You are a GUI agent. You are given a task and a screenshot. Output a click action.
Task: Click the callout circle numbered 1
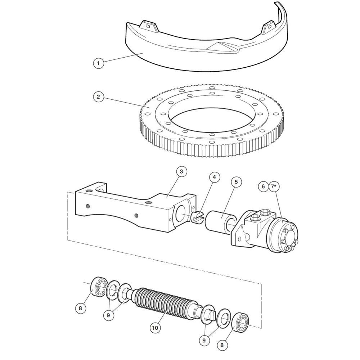[99, 63]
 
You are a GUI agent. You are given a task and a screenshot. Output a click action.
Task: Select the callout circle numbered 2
[99, 96]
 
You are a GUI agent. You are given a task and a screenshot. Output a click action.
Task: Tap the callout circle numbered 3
[181, 172]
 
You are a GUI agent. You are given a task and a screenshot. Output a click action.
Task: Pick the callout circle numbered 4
[215, 177]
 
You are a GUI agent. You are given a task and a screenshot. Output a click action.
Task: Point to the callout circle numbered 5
[236, 182]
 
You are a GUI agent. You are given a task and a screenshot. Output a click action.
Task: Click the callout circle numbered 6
[263, 186]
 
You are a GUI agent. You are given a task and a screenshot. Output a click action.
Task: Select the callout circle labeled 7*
[274, 186]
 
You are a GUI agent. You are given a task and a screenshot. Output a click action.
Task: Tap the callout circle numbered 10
[155, 328]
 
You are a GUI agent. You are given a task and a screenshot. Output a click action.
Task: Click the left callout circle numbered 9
[108, 315]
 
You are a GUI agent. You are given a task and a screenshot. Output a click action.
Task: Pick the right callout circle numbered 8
[222, 345]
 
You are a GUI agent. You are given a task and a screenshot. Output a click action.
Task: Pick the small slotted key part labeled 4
[197, 217]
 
